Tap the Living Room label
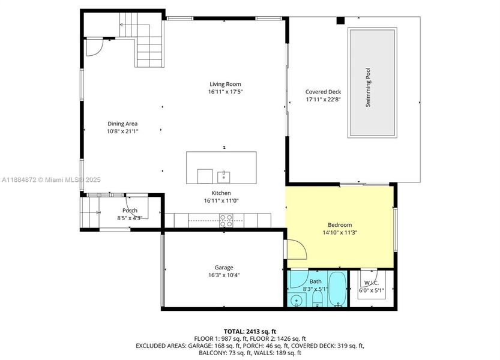coord(225,84)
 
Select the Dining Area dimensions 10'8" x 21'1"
coord(122,131)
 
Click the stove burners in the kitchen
coord(226,222)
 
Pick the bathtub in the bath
coord(338,290)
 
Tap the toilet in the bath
coord(318,299)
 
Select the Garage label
coord(224,268)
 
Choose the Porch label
coord(130,211)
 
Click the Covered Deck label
coord(323,92)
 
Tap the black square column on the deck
coord(340,20)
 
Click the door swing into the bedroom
coord(295,249)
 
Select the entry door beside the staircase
coord(94,47)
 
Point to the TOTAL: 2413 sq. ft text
coord(250,331)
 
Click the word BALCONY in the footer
coord(212,353)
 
